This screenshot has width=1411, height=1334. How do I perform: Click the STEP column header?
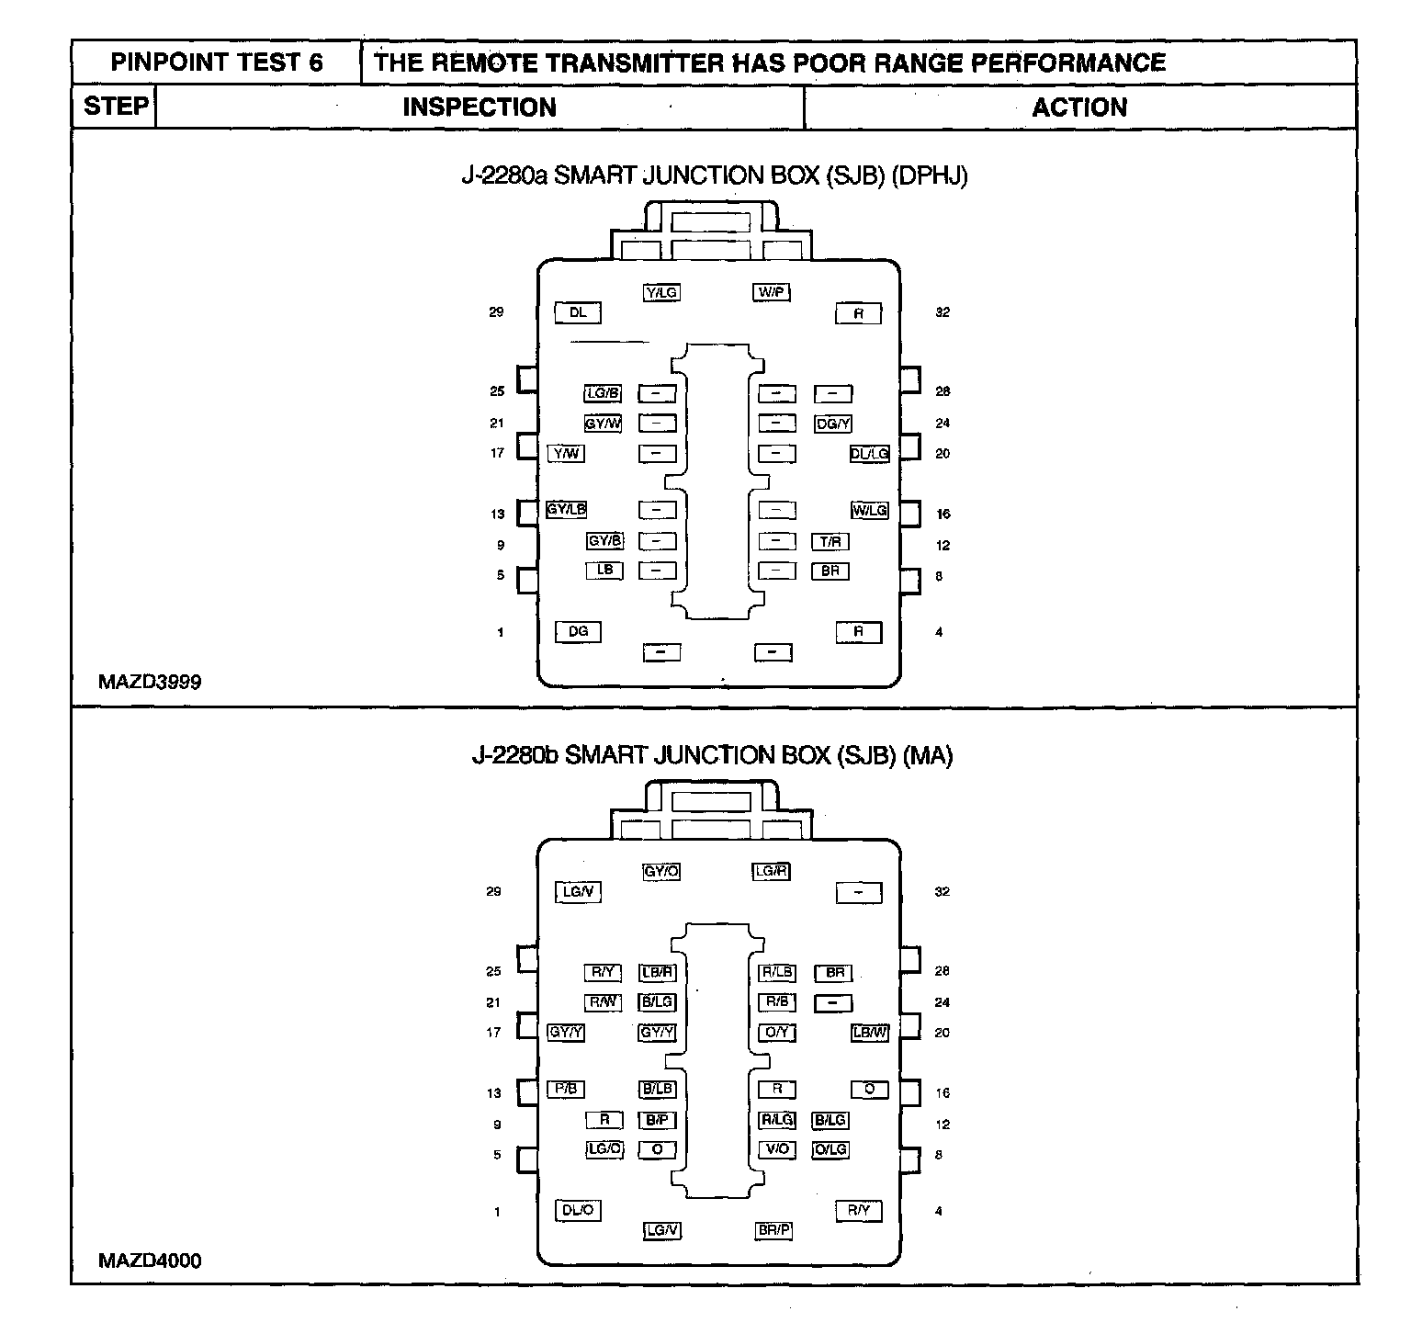[x=116, y=107]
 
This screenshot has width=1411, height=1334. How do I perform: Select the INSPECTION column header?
[x=480, y=107]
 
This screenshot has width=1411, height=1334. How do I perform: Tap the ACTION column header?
[x=1079, y=107]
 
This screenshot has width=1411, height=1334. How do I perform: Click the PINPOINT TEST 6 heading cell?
[x=217, y=62]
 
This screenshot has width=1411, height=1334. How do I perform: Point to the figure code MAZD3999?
[x=150, y=682]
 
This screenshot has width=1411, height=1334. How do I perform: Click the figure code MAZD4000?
[x=150, y=1261]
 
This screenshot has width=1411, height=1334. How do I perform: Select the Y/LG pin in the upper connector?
[x=661, y=293]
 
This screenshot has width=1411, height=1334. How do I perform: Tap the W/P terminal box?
[x=772, y=293]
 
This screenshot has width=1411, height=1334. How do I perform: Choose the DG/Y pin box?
[x=833, y=424]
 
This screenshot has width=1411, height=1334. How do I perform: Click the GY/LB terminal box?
[x=566, y=510]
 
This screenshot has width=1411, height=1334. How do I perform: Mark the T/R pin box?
[x=830, y=542]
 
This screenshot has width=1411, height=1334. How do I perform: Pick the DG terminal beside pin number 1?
[x=578, y=632]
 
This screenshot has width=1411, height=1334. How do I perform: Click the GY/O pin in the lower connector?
[x=661, y=872]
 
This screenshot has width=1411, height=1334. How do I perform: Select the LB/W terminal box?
[x=870, y=1033]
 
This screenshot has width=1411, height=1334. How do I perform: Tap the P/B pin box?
[x=566, y=1090]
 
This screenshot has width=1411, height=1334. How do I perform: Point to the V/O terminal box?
[x=777, y=1149]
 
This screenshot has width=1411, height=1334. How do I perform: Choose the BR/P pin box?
[x=773, y=1230]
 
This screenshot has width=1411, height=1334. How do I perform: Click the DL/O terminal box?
[x=578, y=1211]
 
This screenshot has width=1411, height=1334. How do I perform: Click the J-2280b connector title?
[x=712, y=755]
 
